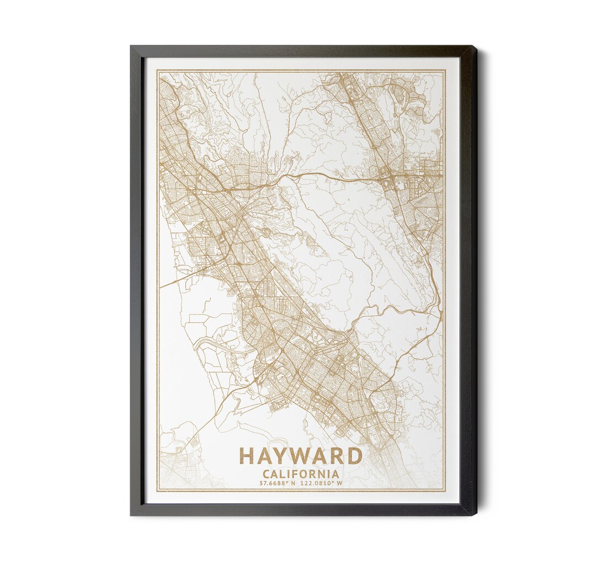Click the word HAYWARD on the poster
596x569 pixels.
point(301,456)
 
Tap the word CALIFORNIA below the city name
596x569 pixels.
point(301,474)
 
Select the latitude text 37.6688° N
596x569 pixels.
point(278,483)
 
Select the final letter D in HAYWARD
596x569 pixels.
point(355,456)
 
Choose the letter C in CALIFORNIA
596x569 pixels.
point(267,474)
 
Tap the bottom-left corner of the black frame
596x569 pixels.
point(131,515)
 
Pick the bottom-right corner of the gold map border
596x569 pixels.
point(445,491)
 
